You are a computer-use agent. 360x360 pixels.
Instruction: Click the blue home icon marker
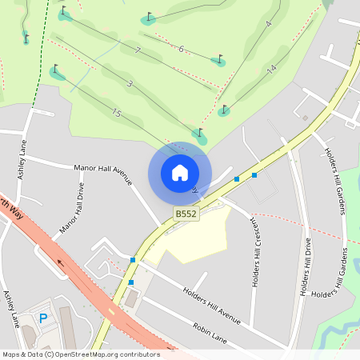point(180,173)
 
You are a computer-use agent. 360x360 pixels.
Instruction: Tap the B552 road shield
point(186,214)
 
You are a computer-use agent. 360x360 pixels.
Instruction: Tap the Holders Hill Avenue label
point(211,306)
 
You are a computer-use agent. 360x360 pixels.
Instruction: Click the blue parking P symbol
point(44,318)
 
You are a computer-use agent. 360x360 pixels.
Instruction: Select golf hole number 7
point(138,51)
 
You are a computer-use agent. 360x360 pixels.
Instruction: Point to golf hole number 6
point(181,49)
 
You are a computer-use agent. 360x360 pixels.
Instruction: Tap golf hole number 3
point(129,83)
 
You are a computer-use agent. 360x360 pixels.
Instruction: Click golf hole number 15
point(117,114)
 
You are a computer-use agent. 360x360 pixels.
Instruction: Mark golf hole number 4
point(268,24)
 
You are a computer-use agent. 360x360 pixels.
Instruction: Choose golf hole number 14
point(272,70)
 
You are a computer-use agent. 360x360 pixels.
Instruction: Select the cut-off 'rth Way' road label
point(10,202)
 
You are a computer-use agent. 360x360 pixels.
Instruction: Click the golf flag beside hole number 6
point(219,58)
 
